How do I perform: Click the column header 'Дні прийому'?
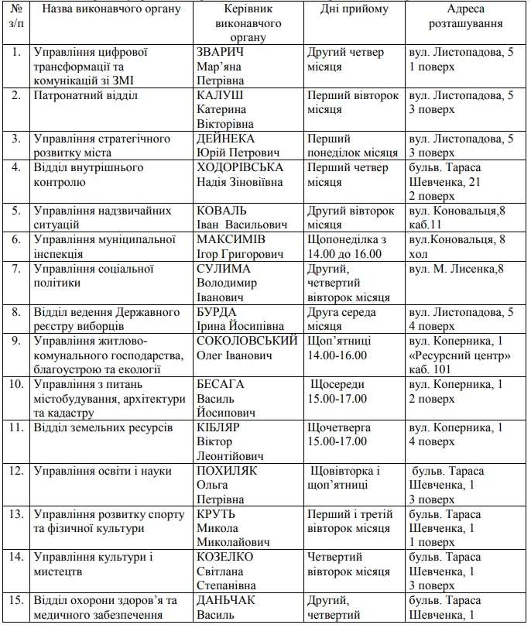[354, 9]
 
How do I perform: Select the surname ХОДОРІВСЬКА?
[240, 167]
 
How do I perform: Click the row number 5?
[16, 210]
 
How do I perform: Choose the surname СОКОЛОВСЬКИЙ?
[248, 341]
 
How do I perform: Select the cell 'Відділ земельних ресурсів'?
[102, 427]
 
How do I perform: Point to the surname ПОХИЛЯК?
[227, 471]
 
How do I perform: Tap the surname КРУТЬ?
[217, 514]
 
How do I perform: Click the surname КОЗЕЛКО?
[225, 558]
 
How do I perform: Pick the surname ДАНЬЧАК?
[227, 601]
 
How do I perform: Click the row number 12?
[16, 471]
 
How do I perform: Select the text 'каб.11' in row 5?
[425, 225]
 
